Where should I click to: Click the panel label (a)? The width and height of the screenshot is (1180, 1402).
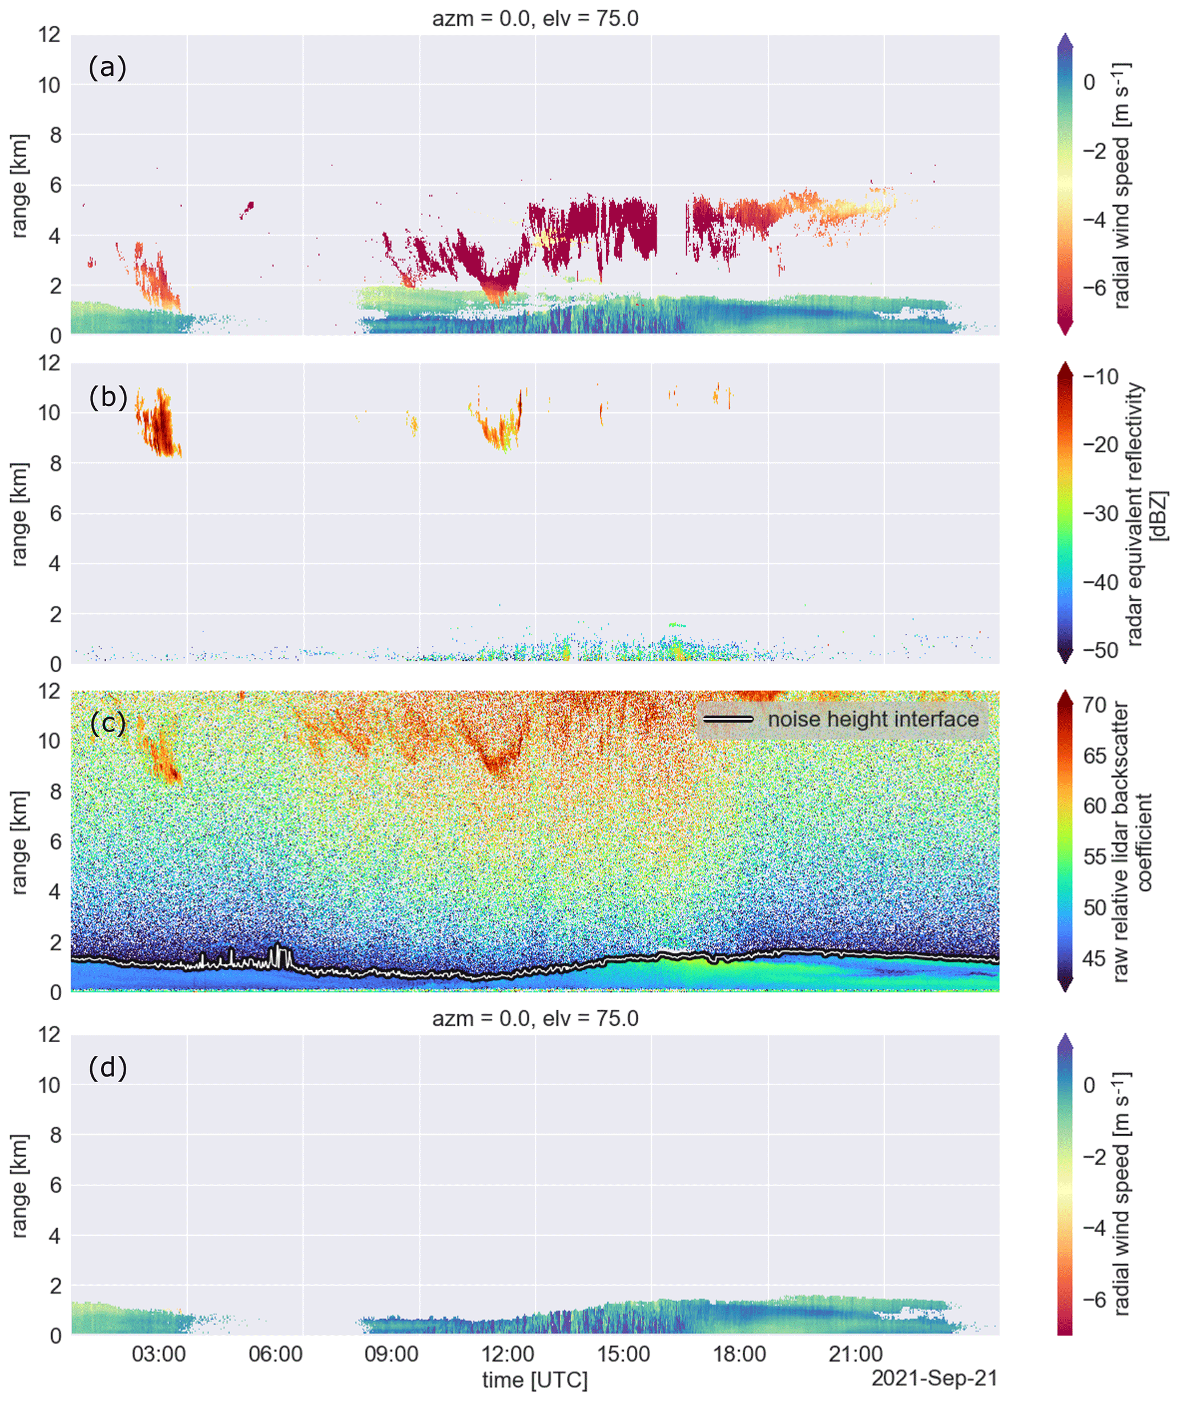[107, 67]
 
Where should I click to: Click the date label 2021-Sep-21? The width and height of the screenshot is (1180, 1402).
[934, 1378]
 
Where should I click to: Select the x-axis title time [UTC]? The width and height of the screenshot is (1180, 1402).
[534, 1380]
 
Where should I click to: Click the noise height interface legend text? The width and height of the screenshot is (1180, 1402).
[873, 720]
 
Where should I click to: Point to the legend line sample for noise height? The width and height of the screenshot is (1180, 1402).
[728, 720]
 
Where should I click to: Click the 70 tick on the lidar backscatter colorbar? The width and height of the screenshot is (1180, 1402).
[1094, 705]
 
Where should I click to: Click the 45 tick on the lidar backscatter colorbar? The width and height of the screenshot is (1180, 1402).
[1094, 958]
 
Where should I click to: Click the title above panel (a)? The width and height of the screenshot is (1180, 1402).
[534, 18]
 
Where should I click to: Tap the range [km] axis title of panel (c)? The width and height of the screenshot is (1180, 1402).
[19, 842]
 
